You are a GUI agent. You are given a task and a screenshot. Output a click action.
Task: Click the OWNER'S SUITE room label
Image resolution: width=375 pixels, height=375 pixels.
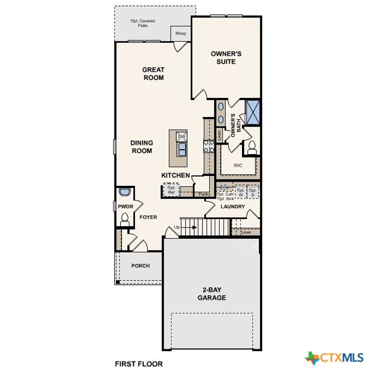pyautogui.click(x=226, y=58)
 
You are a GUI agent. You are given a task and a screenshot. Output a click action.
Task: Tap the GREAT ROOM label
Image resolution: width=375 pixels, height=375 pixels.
pyautogui.click(x=153, y=74)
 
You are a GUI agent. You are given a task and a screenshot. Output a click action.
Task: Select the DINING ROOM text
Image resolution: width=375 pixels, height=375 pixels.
pyautogui.click(x=142, y=147)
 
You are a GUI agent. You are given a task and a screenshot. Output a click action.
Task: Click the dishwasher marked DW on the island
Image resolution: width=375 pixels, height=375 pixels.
pyautogui.click(x=182, y=137)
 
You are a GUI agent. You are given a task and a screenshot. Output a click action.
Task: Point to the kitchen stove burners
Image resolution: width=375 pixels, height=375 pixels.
pyautogui.click(x=209, y=146)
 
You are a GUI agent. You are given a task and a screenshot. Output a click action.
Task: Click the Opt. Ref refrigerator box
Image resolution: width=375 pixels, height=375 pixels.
pyautogui.click(x=171, y=190)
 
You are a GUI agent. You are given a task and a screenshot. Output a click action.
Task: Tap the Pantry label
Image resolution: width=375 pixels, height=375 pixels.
pyautogui.click(x=204, y=194)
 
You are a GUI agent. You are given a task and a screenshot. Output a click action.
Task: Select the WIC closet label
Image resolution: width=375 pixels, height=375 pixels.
pyautogui.click(x=238, y=166)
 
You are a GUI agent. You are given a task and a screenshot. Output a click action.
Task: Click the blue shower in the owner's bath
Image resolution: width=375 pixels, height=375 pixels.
pyautogui.click(x=253, y=112)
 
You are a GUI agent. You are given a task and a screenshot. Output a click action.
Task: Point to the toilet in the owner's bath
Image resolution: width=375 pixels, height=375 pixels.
pyautogui.click(x=252, y=148)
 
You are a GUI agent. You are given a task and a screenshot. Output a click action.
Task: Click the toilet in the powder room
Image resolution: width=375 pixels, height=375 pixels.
pyautogui.click(x=125, y=219)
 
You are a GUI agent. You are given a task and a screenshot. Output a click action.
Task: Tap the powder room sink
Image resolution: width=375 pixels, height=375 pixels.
pyautogui.click(x=125, y=193)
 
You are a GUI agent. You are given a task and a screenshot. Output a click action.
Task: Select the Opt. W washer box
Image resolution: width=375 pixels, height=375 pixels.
pyautogui.click(x=241, y=193)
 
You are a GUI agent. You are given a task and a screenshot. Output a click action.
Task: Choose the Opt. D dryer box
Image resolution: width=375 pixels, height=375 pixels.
pyautogui.click(x=253, y=193)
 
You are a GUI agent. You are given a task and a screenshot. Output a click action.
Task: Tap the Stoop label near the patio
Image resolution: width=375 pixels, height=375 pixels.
pyautogui.click(x=181, y=33)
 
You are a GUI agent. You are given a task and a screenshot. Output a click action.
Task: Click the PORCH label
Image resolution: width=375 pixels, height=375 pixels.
pyautogui.click(x=141, y=266)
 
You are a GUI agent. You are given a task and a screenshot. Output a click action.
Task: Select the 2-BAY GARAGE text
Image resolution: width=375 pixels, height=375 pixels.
pyautogui.click(x=212, y=294)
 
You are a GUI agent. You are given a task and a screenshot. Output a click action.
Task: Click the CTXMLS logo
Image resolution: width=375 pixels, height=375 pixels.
pyautogui.click(x=334, y=357)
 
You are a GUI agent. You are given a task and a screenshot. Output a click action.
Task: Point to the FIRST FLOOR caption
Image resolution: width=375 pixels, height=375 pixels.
pyautogui.click(x=139, y=364)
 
